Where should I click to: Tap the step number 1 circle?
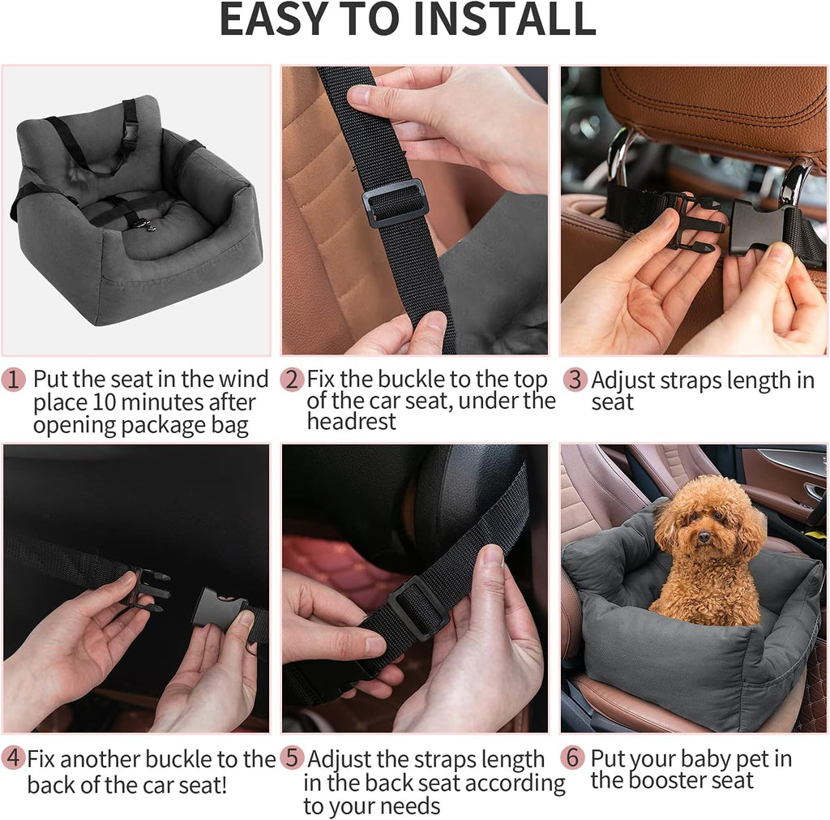(14, 380)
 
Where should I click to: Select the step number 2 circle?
(292, 380)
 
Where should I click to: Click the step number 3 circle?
(574, 380)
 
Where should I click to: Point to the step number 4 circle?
(14, 759)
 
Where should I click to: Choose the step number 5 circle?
(292, 759)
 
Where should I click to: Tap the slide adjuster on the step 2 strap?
(395, 202)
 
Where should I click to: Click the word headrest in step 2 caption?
(352, 422)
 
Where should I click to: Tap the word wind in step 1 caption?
(243, 380)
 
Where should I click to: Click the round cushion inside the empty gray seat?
(150, 229)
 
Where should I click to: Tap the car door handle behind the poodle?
(813, 491)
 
